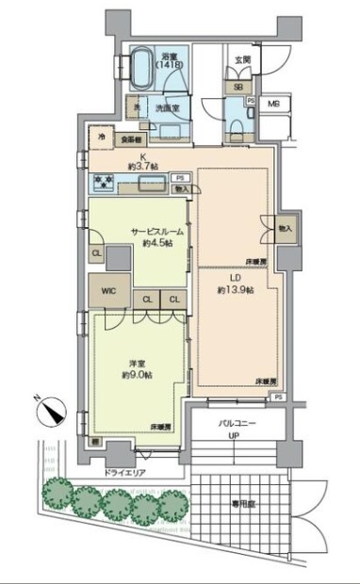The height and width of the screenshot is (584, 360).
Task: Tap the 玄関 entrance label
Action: click(242, 60)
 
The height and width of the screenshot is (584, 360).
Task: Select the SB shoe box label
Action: click(236, 86)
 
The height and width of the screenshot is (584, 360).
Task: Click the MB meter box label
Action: click(274, 105)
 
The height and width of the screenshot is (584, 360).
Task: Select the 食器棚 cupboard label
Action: click(126, 140)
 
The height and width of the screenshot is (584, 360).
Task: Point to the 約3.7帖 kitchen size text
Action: click(141, 166)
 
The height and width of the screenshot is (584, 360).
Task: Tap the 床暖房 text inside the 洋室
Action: click(160, 427)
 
